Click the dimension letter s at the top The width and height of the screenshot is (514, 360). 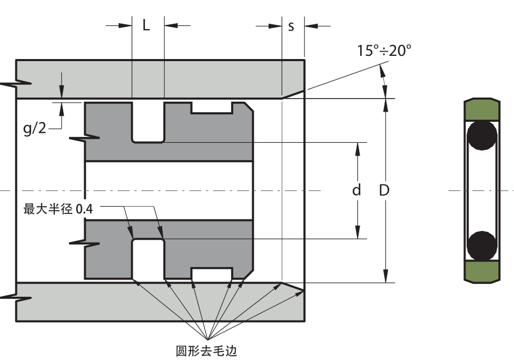click(291, 26)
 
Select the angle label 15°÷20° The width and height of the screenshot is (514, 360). click(384, 51)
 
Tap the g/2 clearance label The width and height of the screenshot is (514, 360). click(35, 129)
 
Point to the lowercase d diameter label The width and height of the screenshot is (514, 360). click(357, 190)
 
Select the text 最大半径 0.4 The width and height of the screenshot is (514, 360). click(58, 209)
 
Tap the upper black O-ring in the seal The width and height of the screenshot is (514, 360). click(482, 136)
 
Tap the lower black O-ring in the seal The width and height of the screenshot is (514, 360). click(482, 246)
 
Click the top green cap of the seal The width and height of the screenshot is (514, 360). click(481, 110)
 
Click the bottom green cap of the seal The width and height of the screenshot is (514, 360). click(481, 272)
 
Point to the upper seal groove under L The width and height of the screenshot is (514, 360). click(148, 122)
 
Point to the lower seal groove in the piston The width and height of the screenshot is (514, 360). click(148, 259)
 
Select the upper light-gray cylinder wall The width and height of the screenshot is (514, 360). click(158, 79)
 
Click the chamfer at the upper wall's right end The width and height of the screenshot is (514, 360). click(293, 94)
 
